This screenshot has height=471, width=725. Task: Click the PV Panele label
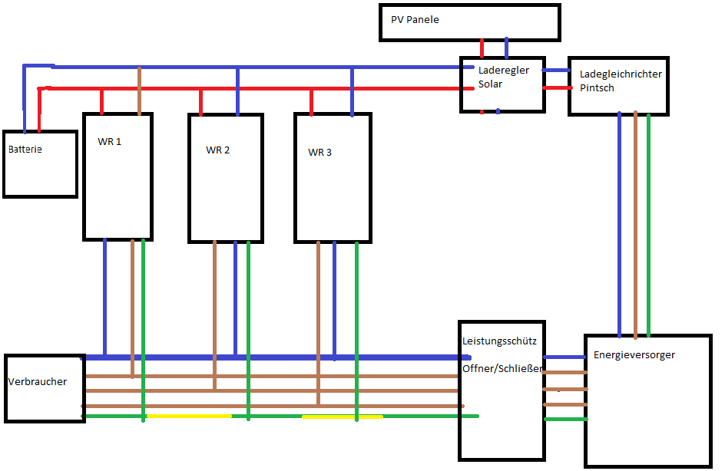pos(415,19)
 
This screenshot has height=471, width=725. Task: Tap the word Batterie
pos(25,149)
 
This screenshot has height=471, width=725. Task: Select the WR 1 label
pos(109,141)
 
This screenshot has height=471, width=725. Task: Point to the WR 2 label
pos(218,150)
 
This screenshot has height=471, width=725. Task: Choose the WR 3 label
pos(319,152)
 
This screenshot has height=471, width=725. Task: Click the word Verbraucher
pos(38,381)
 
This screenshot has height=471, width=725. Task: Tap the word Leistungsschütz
pos(499,341)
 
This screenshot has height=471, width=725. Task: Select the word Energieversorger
pos(634,354)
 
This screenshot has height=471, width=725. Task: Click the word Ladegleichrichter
pos(621,74)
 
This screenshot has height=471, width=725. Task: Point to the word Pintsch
pos(597,87)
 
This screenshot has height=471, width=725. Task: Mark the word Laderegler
pos(504,70)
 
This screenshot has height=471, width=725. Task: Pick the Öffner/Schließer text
pos(502,368)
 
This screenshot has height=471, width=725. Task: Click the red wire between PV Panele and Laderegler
pos(482,48)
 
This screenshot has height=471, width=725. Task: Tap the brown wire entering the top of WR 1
pos(139,91)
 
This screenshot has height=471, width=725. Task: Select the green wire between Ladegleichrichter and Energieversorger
pos(648,226)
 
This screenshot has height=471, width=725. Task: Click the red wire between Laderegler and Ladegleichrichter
pos(557,87)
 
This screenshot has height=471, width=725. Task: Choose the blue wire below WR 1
pos(105,298)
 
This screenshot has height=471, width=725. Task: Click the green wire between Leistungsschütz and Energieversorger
pos(566,419)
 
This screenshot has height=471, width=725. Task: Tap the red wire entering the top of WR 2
pos(200,102)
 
